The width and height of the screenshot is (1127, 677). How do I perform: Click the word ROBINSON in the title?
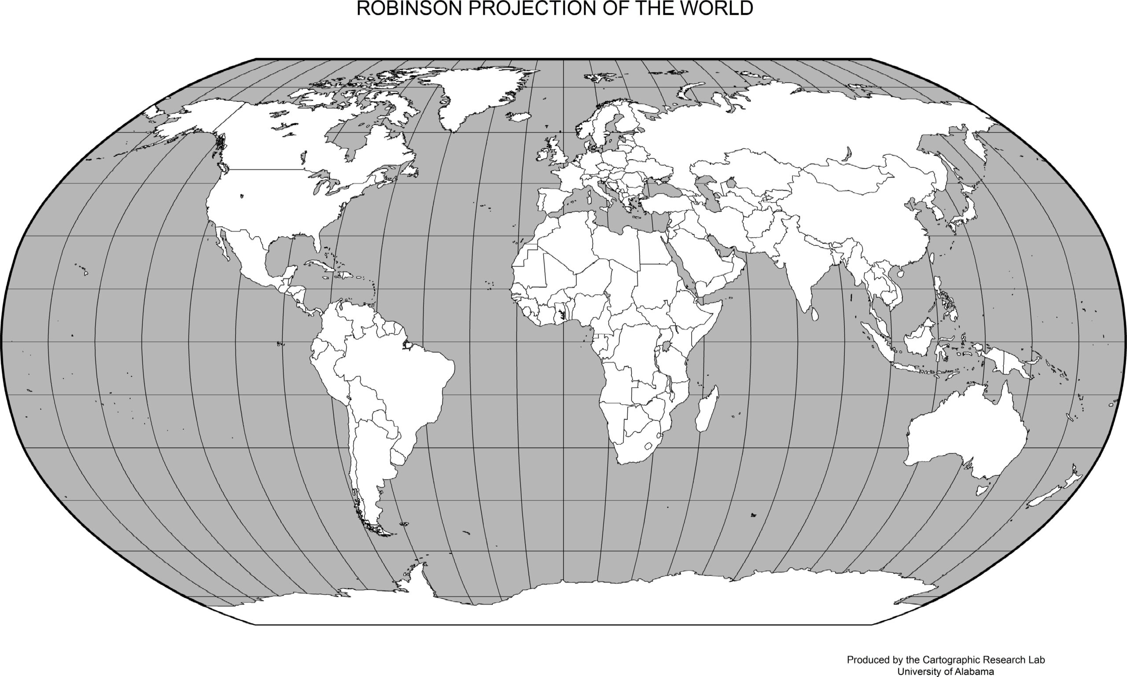409,9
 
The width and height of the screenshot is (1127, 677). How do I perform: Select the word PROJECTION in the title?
534,9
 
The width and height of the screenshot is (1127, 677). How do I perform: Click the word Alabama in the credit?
973,672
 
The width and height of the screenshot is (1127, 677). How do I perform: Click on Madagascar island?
707,409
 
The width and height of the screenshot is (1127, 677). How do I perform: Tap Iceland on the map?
520,117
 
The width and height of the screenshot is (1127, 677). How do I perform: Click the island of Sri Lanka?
815,314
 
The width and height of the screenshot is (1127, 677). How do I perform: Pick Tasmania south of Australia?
981,490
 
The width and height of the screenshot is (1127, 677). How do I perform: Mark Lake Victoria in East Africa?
666,348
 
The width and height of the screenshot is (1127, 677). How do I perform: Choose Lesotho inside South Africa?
647,446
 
